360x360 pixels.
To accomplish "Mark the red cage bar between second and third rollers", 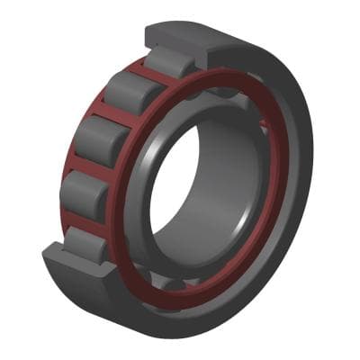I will (107, 114).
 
